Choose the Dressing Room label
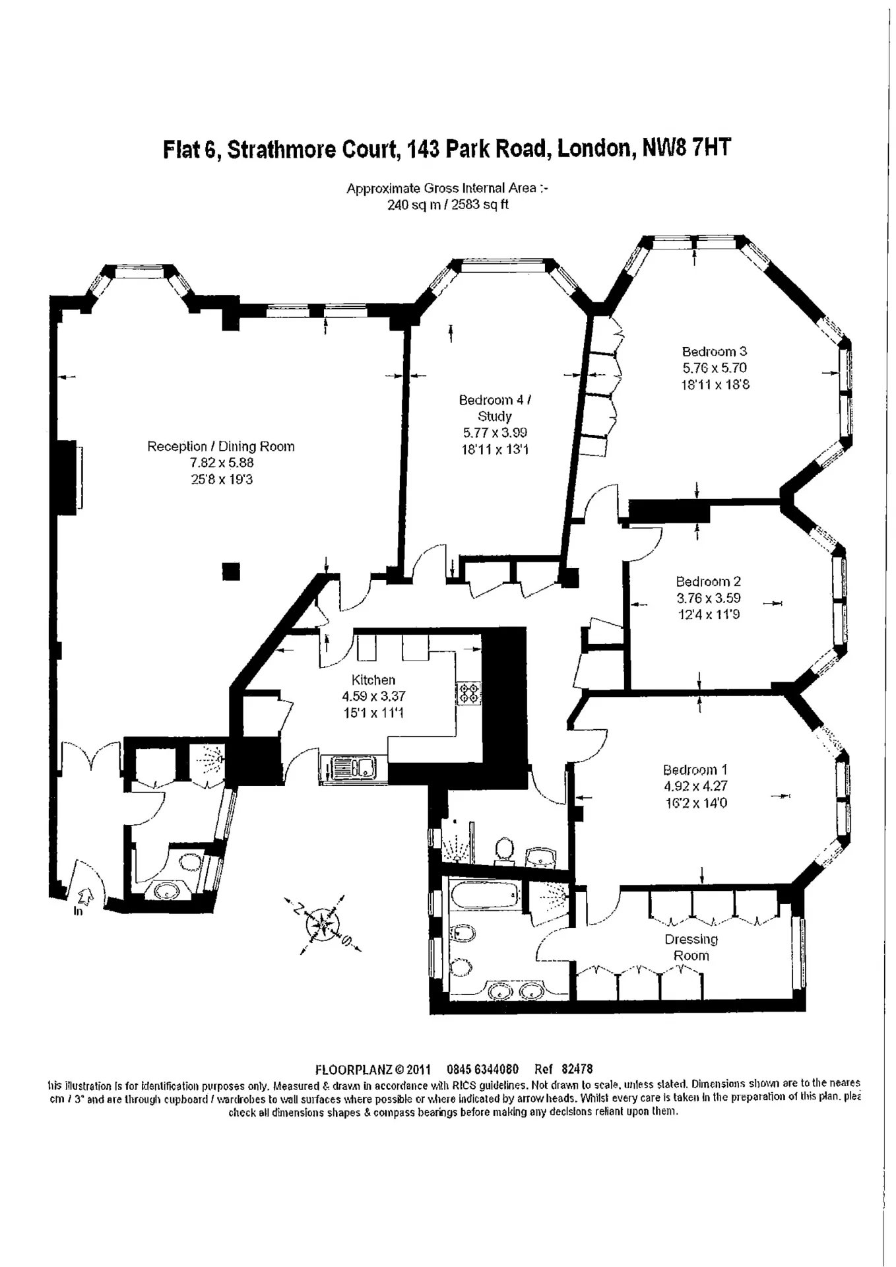coord(691,947)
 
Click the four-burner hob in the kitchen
coord(468,692)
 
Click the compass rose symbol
coord(323,924)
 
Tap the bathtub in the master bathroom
coord(485,899)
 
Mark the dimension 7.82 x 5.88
coord(221,463)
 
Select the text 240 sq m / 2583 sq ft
coord(447,205)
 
